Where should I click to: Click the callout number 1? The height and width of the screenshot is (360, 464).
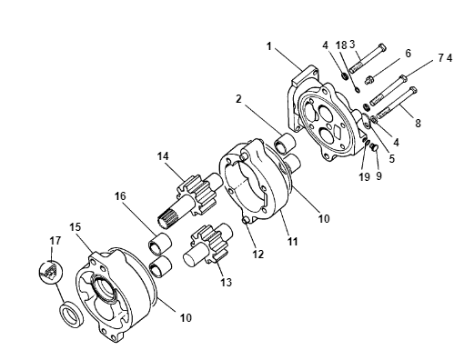268,46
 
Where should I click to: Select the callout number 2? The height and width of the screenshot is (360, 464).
239,99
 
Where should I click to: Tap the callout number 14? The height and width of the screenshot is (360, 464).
163,156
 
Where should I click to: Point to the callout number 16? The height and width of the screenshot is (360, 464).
120,196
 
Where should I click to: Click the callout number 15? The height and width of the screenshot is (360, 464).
76,226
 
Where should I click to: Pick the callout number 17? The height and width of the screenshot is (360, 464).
55,241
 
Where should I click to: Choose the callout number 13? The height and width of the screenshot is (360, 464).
226,282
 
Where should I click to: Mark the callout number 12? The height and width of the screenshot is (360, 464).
258,255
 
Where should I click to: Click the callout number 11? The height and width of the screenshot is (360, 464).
293,242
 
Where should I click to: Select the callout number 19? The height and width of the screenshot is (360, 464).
365,176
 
